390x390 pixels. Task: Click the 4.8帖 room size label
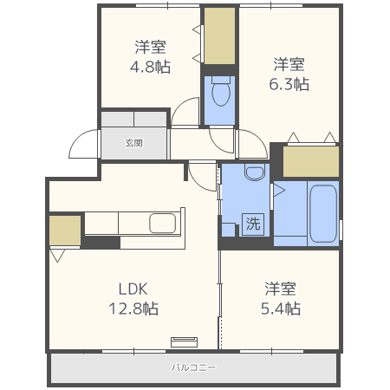(151, 66)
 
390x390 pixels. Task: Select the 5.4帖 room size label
(282, 309)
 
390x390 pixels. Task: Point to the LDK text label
(134, 289)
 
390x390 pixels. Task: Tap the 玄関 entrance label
(133, 143)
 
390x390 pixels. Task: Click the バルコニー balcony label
(193, 367)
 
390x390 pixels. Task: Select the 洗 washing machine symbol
(252, 224)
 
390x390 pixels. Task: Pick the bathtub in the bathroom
(322, 213)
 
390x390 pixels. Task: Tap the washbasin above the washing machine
(253, 172)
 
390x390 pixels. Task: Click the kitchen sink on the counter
(163, 224)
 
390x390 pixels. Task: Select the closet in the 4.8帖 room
(220, 36)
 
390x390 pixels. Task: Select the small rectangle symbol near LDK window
(185, 341)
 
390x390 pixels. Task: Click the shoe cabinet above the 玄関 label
(133, 120)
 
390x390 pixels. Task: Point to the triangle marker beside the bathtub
(279, 188)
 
